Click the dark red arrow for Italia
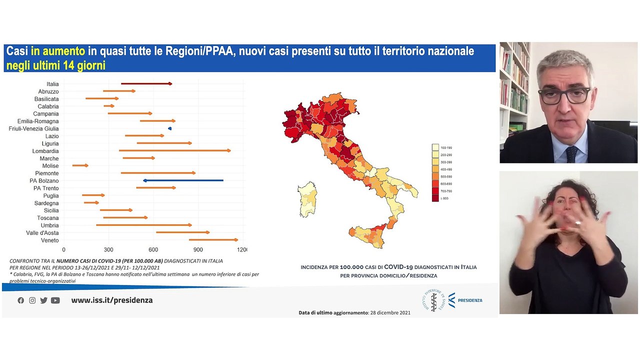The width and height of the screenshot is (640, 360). click(146, 83)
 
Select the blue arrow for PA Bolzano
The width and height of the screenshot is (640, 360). click(183, 180)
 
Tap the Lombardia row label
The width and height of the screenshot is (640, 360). click(45, 151)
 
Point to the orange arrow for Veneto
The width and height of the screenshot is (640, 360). click(213, 240)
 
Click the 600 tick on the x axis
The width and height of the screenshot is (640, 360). click(153, 249)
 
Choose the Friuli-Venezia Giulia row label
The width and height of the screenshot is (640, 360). click(33, 128)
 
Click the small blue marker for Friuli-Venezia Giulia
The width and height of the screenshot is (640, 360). click(170, 128)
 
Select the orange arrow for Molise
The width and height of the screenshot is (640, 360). click(80, 165)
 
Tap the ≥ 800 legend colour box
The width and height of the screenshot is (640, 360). click(435, 198)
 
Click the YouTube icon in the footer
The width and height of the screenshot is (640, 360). click(55, 300)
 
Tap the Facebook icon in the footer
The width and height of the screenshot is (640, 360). click(20, 300)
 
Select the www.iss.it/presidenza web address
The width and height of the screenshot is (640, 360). click(112, 300)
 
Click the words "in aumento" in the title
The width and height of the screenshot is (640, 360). click(58, 51)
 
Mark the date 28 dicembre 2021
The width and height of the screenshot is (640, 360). click(390, 312)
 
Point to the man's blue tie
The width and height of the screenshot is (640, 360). click(571, 154)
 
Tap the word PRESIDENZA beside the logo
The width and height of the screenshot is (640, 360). click(470, 300)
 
